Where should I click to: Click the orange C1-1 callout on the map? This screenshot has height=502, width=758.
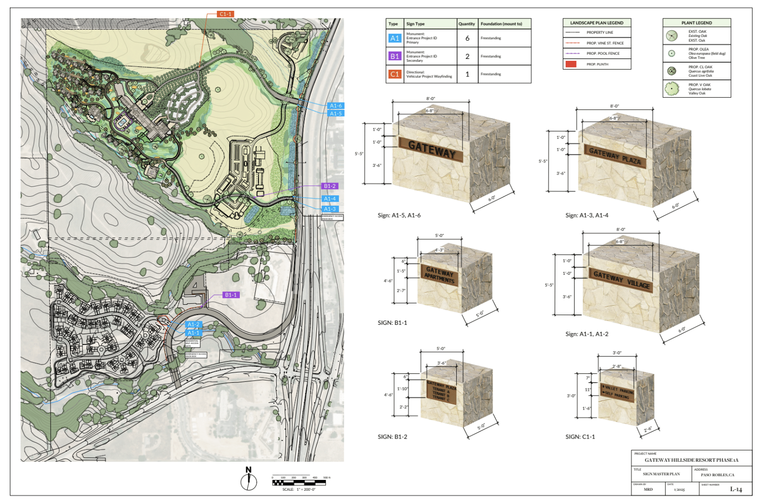225,14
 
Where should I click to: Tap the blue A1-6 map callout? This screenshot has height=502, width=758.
336,106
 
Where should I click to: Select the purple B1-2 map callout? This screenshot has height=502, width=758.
330,186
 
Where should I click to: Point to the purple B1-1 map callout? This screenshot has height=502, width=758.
231,295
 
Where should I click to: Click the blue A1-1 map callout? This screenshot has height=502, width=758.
193,333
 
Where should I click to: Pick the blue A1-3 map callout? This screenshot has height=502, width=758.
330,209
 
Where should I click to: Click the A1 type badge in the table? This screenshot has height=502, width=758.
394,38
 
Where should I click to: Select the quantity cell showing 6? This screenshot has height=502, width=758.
467,38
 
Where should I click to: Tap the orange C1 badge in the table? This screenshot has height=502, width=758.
394,74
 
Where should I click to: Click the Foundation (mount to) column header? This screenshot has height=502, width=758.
501,24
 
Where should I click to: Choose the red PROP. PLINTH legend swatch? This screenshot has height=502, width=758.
571,64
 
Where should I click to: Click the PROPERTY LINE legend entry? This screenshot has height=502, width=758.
599,32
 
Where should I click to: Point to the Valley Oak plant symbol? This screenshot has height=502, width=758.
671,88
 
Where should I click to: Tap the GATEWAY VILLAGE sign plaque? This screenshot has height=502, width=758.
621,280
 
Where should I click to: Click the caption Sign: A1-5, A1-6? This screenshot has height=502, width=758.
399,215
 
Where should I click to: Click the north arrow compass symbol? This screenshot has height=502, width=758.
249,479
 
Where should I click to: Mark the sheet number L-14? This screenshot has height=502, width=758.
736,489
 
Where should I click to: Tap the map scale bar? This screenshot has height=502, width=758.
299,483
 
